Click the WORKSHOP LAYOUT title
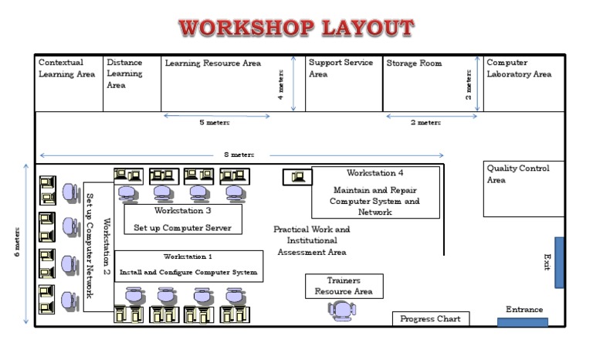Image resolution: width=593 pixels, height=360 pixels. point(296,29)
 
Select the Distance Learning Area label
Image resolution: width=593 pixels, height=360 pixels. point(124,74)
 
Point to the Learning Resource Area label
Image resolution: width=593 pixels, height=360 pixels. point(213,63)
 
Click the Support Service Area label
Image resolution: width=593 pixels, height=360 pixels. point(341,69)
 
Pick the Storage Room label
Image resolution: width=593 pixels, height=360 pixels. point(414,63)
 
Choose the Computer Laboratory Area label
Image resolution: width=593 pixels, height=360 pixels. point(519,69)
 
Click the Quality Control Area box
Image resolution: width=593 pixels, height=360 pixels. point(524,188)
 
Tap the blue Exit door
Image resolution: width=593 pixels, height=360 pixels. point(559,263)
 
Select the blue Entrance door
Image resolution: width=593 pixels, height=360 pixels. point(523,321)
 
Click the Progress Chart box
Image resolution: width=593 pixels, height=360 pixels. point(430,318)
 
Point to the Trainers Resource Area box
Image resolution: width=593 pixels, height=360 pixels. point(343,286)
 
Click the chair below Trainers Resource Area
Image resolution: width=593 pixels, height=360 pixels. point(341,311)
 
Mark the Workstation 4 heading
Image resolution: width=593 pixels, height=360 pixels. point(374,173)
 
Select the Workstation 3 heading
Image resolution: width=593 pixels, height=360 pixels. point(182,210)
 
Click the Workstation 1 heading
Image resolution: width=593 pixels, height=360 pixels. point(188,256)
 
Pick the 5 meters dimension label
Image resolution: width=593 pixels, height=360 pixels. point(214,122)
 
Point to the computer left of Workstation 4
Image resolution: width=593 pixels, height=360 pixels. point(296,177)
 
